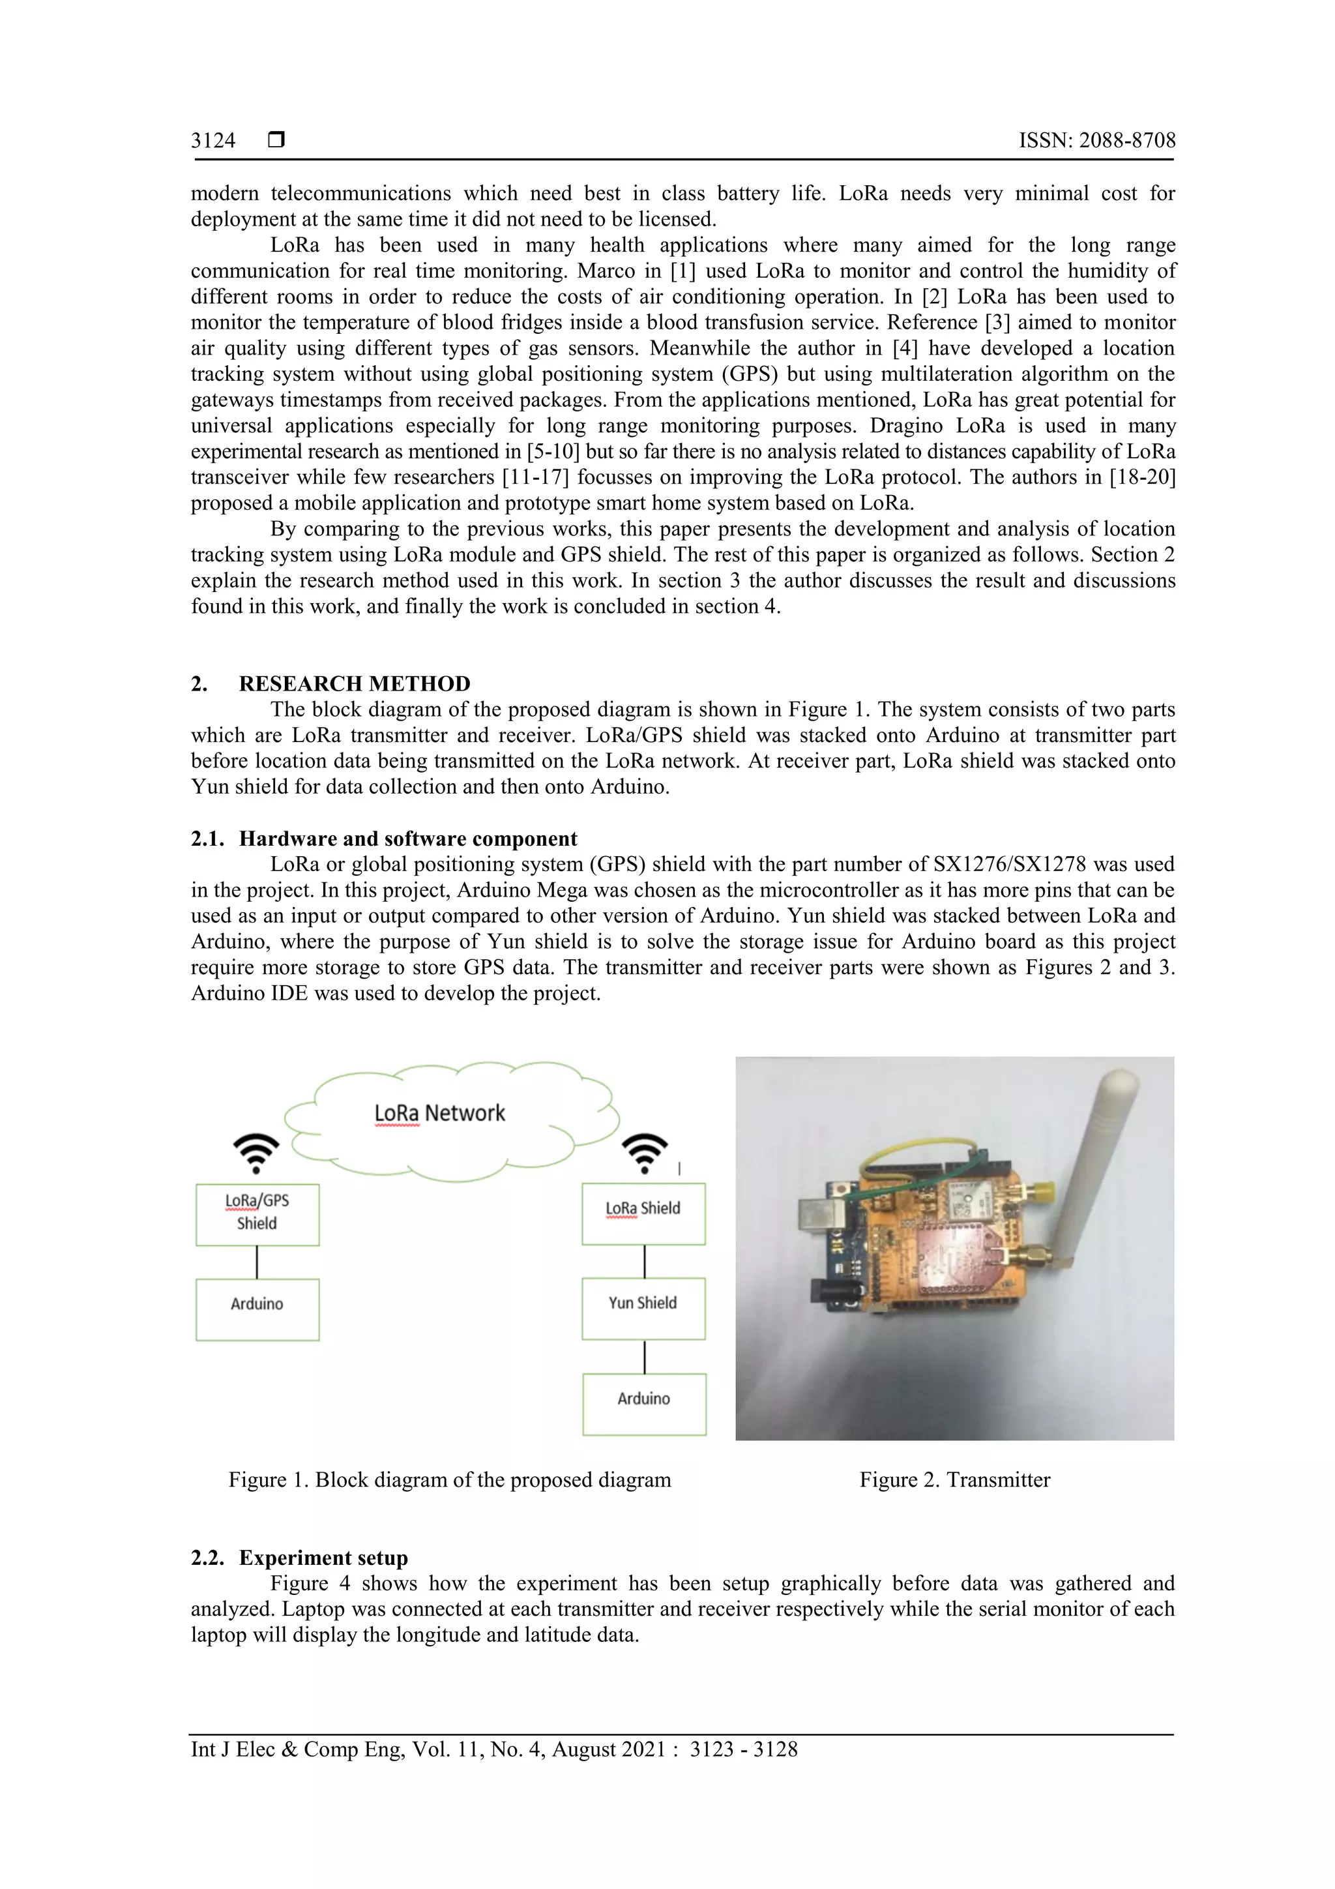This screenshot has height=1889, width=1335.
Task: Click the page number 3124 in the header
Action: (x=213, y=141)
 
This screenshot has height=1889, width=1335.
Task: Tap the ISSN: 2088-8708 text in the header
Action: (x=1096, y=141)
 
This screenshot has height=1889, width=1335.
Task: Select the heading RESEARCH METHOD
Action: (x=354, y=684)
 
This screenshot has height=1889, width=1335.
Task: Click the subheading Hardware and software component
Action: (x=408, y=839)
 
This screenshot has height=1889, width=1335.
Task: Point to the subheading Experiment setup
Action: (x=323, y=1558)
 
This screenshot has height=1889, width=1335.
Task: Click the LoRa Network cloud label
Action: (x=439, y=1113)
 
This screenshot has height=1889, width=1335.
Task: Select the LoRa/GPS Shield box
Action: (x=257, y=1214)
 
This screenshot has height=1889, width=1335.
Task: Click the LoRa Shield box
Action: (x=643, y=1213)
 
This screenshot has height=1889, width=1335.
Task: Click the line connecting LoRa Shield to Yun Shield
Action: (x=644, y=1261)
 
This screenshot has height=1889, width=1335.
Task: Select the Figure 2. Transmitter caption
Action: (x=954, y=1480)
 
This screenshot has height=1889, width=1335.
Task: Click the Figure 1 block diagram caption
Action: (x=449, y=1480)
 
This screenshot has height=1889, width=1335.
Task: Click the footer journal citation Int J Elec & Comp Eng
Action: (x=493, y=1749)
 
